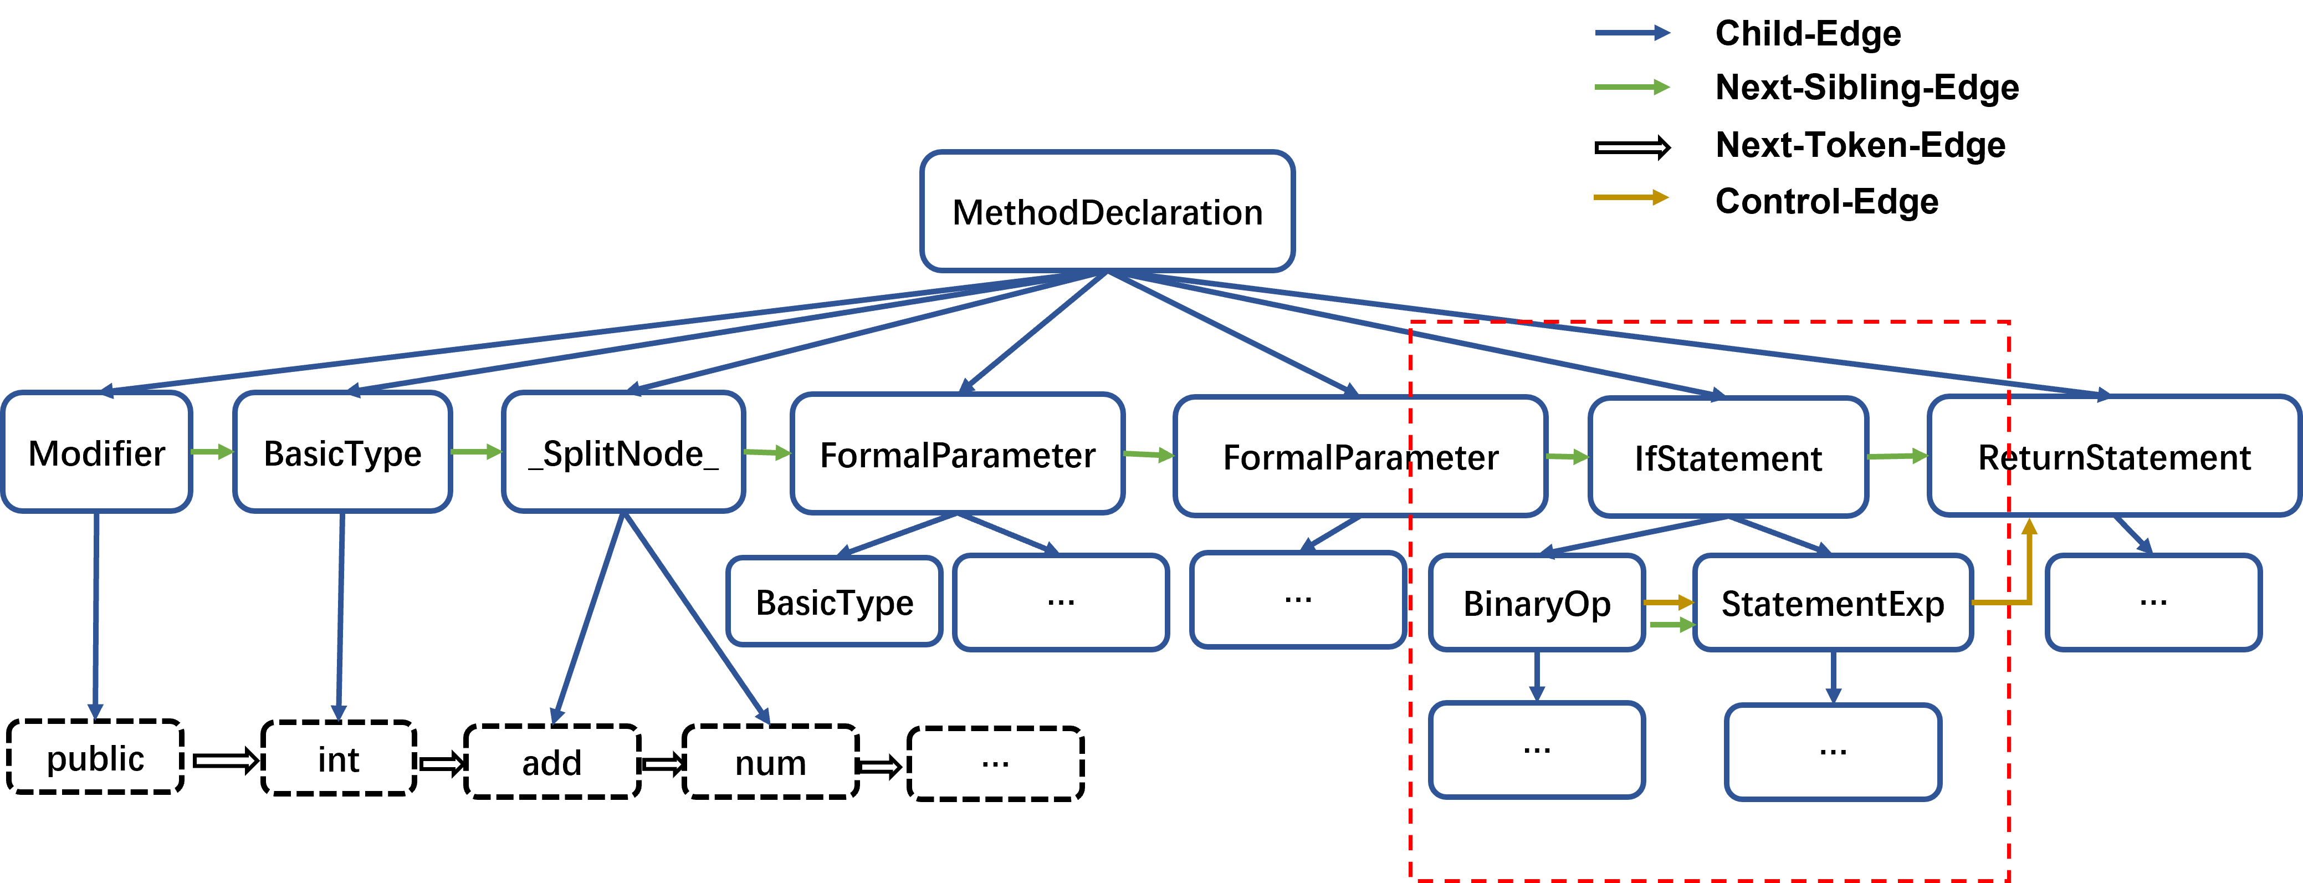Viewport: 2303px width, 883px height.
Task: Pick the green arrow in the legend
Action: tap(1631, 87)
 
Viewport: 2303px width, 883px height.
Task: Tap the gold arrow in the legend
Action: tap(1631, 197)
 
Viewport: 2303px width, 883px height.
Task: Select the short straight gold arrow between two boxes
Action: tap(1669, 603)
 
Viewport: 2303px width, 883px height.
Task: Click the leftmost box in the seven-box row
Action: tap(96, 452)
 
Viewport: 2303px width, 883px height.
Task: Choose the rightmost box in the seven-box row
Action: tap(2113, 456)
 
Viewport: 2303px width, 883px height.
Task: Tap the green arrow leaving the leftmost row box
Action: tap(212, 452)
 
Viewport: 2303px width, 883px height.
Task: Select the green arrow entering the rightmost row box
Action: tap(1897, 456)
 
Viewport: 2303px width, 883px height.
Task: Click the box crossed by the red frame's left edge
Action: tap(1360, 456)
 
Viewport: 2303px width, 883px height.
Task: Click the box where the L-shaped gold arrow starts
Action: tap(1833, 602)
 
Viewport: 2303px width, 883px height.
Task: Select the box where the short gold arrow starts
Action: tap(1537, 602)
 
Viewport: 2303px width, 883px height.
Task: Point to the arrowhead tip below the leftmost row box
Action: tap(95, 717)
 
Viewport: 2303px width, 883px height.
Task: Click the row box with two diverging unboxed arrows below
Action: tap(623, 452)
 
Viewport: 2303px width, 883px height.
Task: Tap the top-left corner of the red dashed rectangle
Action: tap(1411, 322)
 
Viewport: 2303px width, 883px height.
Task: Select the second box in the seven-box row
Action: tap(342, 452)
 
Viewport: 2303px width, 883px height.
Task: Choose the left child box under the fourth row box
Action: tap(834, 600)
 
